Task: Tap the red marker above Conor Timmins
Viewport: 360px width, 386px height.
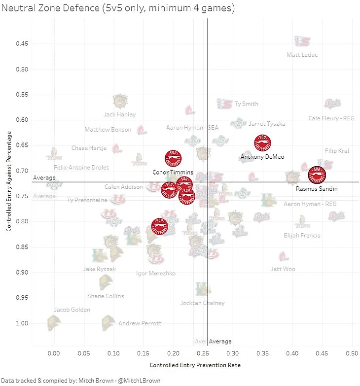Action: [173, 158]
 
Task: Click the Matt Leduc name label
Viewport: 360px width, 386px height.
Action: [302, 55]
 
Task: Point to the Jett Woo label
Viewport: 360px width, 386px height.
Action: [283, 269]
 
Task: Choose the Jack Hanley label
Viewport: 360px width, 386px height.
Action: [119, 114]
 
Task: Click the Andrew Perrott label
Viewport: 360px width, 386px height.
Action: [140, 324]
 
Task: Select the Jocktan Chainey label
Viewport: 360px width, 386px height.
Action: [202, 303]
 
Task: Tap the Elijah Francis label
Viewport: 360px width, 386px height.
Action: [302, 236]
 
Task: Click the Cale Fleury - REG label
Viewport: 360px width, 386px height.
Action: [331, 118]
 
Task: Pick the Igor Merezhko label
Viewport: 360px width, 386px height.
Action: [155, 273]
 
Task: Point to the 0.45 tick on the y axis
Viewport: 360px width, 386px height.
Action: [22, 43]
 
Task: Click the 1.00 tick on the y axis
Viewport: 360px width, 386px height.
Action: [22, 323]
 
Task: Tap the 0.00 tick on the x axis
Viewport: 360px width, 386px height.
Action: [54, 353]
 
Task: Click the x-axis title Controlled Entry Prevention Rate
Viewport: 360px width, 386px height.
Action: [195, 365]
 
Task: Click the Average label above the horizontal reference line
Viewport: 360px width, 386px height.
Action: [44, 178]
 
